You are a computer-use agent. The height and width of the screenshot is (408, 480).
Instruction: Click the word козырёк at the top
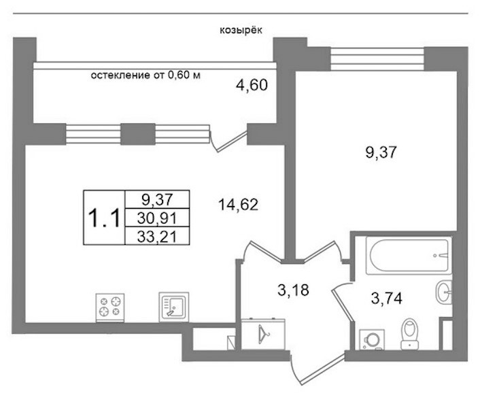tap(241, 31)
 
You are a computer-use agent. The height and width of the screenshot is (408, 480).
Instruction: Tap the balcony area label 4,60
tap(252, 85)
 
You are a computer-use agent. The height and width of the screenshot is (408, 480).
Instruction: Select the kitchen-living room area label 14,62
tap(238, 205)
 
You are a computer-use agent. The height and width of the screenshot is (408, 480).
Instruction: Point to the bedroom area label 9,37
tap(381, 152)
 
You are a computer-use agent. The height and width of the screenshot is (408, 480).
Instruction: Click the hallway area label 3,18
tap(293, 290)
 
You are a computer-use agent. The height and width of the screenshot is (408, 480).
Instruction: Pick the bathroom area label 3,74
tap(387, 298)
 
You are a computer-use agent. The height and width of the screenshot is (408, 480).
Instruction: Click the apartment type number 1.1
tap(104, 218)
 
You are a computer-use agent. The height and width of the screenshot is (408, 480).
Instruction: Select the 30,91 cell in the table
tap(157, 218)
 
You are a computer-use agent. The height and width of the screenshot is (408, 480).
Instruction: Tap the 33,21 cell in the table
tap(157, 236)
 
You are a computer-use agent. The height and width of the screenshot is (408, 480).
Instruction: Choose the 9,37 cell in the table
tap(157, 199)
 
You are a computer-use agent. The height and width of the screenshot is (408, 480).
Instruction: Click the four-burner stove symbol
tap(110, 307)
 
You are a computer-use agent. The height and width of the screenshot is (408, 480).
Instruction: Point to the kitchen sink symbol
tap(173, 307)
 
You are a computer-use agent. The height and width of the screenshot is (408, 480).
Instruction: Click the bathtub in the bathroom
tap(409, 256)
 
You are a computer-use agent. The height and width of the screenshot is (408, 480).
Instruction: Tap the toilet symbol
tap(409, 335)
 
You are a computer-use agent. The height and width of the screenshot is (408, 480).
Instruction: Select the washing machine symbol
tap(372, 339)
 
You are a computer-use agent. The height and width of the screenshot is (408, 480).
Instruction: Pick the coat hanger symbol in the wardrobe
tap(263, 334)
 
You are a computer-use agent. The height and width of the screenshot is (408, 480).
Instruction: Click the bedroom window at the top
tap(378, 58)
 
